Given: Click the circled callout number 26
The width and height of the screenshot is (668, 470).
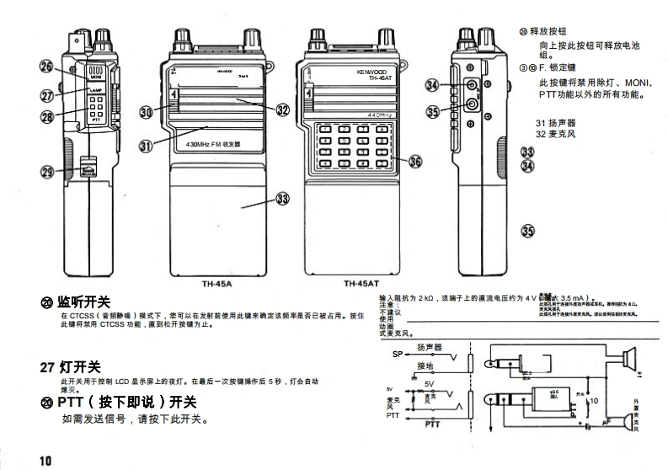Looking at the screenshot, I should click(x=47, y=68).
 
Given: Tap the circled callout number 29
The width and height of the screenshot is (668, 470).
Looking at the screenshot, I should click(x=47, y=173).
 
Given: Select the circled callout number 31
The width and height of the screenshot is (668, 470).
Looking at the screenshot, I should click(x=146, y=146).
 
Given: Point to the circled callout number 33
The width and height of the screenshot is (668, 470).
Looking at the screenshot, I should click(x=282, y=199).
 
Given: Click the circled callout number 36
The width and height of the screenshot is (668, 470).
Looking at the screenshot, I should click(x=415, y=161).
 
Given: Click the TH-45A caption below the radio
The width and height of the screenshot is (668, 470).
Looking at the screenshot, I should click(x=216, y=284).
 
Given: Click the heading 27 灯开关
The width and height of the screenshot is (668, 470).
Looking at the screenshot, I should click(x=71, y=367).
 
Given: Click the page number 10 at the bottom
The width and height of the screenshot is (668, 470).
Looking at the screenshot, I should click(x=45, y=460).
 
